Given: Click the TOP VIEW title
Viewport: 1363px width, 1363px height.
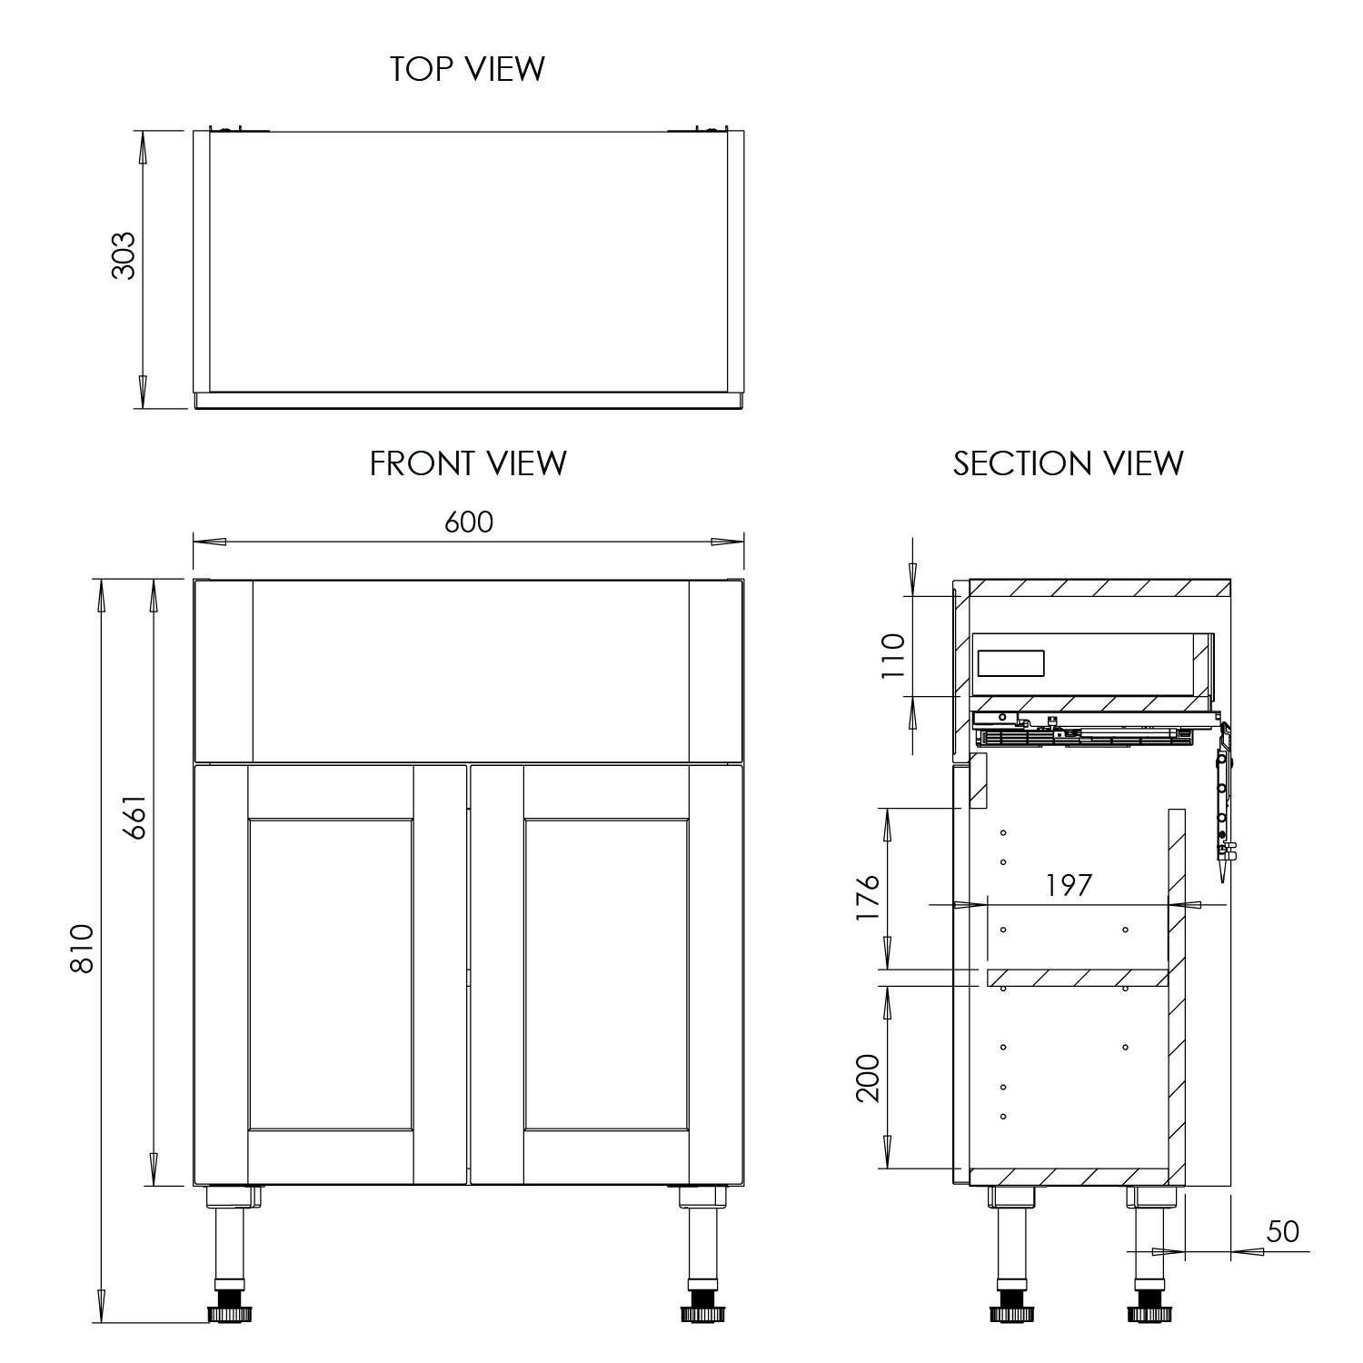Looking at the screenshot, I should click(467, 69).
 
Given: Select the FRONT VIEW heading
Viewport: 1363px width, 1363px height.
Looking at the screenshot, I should click(467, 463).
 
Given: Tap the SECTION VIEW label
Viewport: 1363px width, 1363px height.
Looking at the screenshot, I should click(1068, 463).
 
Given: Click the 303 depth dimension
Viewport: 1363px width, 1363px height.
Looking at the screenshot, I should click(123, 255).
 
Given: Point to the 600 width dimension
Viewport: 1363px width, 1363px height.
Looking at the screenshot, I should click(469, 522).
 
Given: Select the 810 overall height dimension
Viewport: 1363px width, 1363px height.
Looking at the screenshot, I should click(82, 948).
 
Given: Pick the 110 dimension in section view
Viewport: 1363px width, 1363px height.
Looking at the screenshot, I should click(894, 655).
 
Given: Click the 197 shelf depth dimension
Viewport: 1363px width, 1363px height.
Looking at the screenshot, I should click(1068, 885).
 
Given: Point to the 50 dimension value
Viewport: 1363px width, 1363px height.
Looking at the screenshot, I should click(1282, 1231).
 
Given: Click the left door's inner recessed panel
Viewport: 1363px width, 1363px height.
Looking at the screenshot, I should click(331, 974).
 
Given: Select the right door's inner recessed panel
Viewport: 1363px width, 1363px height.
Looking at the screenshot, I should click(606, 974).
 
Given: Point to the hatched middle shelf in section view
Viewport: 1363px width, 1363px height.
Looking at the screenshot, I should click(1077, 978).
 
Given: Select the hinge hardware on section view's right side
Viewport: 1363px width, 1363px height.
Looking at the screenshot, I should click(1224, 800).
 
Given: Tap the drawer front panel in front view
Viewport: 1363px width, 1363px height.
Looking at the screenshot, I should click(469, 671).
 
